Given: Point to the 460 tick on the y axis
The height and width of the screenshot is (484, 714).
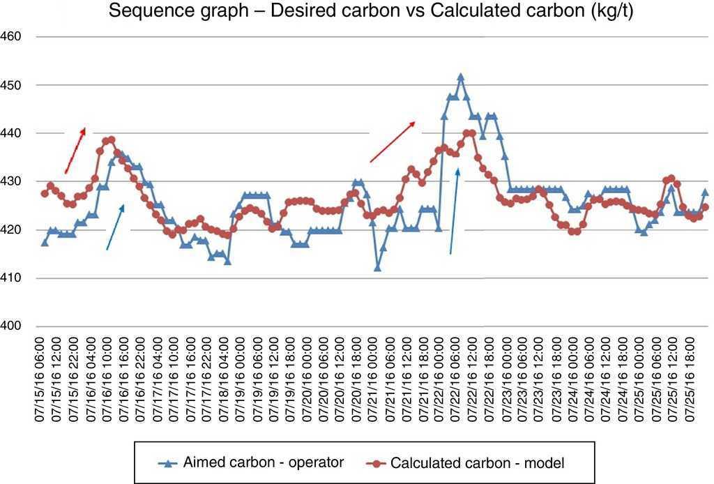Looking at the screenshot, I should (13, 36).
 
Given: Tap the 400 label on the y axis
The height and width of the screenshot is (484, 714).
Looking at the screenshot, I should (13, 326).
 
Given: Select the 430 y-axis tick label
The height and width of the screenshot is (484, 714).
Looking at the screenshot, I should (13, 181).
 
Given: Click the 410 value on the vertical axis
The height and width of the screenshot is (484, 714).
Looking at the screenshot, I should (13, 278).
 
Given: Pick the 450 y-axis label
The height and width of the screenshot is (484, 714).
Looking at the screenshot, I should (13, 85).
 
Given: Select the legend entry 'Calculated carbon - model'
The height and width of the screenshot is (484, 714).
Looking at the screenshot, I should (466, 462).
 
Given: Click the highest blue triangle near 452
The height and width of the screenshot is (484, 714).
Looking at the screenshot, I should (460, 77).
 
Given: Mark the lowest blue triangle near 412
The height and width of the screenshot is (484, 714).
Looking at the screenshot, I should (377, 268).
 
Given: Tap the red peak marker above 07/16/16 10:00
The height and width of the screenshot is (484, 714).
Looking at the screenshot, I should (111, 139).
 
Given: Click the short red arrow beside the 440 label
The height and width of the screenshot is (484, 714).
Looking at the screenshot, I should (75, 150).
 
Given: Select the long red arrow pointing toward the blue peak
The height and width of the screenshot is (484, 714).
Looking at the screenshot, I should (393, 142).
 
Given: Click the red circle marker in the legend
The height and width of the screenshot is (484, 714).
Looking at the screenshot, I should (376, 462).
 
